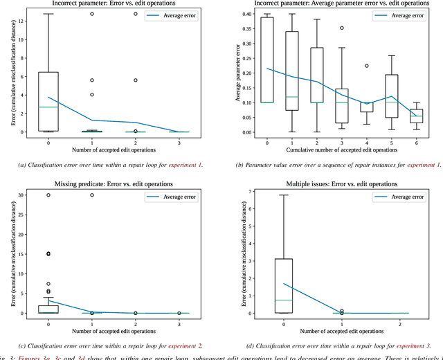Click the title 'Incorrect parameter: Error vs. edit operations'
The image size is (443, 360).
(x=114, y=4)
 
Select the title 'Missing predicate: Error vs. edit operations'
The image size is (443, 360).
(x=114, y=184)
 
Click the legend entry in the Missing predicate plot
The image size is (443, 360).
(x=174, y=197)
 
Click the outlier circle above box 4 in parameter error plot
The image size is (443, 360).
(x=366, y=66)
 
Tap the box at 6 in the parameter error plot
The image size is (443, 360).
(x=416, y=116)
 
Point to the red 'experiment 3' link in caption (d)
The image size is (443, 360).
(x=411, y=345)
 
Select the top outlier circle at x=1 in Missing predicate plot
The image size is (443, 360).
(x=92, y=195)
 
